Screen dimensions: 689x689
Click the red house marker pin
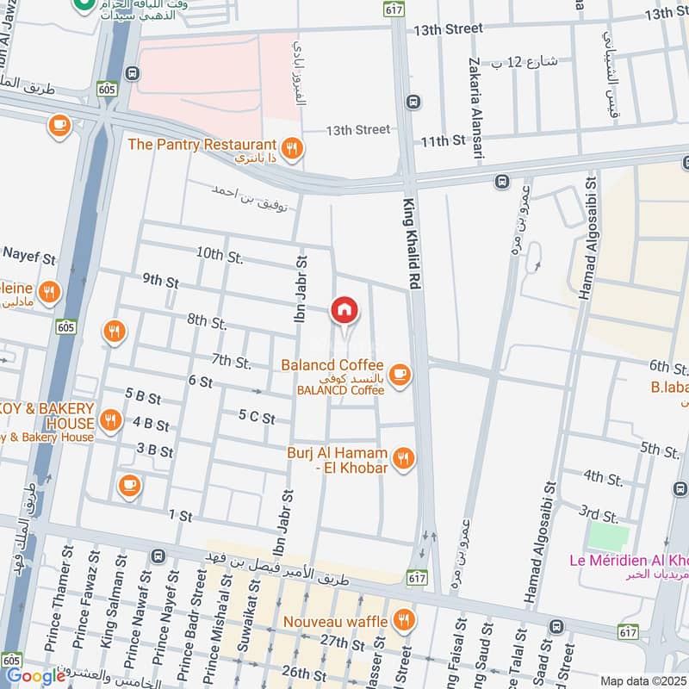click(344, 311)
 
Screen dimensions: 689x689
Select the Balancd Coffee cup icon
click(399, 374)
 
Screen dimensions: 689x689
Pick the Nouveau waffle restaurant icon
click(402, 619)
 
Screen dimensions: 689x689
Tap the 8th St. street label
click(207, 321)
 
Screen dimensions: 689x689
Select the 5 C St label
click(257, 418)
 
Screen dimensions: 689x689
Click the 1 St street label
click(180, 515)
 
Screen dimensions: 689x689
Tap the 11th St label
click(444, 140)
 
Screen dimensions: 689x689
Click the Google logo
click(36, 676)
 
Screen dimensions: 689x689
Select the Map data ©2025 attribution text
click(643, 680)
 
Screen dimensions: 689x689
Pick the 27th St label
click(342, 642)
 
